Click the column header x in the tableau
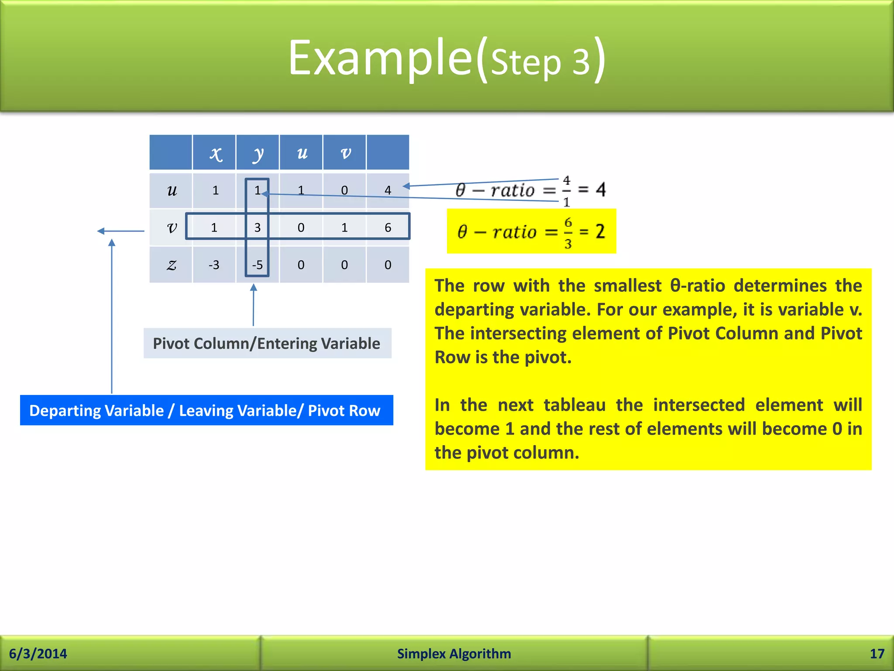click(x=215, y=153)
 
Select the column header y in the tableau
click(x=258, y=153)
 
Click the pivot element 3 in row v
click(x=258, y=228)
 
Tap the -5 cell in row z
click(x=258, y=265)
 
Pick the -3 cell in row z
click(x=214, y=265)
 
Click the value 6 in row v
click(x=388, y=228)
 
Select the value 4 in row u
click(x=388, y=190)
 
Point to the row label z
click(x=172, y=265)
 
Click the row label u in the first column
click(x=172, y=190)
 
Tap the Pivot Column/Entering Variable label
click(x=267, y=343)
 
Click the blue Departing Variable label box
click(x=206, y=410)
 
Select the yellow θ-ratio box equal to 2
click(x=531, y=232)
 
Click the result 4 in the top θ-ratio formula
click(x=601, y=190)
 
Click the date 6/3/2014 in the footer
click(x=38, y=654)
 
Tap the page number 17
click(x=877, y=654)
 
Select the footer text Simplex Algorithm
click(x=454, y=654)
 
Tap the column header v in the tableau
click(x=345, y=153)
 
